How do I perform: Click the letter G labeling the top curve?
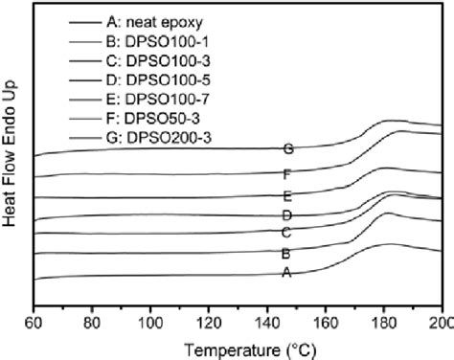tap(288, 148)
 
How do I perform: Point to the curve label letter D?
tap(285, 216)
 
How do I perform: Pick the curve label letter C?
tap(285, 233)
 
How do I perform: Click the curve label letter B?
tap(285, 255)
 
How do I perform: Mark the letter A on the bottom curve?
tap(285, 273)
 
